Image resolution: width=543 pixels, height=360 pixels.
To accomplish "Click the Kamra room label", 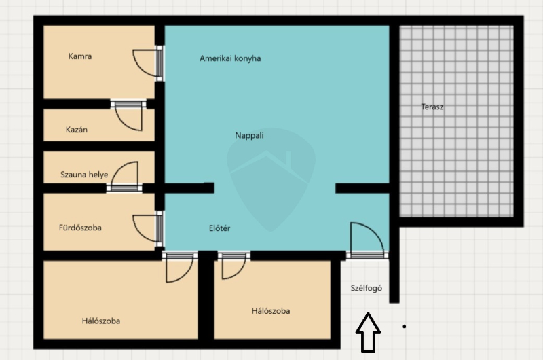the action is click(80, 56).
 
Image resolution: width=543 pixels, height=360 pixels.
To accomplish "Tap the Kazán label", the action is click(77, 130).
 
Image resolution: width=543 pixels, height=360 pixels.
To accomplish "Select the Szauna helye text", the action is click(84, 175).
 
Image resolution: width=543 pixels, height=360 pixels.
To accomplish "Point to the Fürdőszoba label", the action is click(80, 228).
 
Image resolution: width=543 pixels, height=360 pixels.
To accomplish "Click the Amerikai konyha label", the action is click(230, 58).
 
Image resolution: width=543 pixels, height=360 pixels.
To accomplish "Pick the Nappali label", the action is click(249, 135).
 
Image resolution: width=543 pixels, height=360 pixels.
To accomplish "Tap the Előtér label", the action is click(219, 228).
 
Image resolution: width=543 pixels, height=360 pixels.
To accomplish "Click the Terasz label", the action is click(432, 107).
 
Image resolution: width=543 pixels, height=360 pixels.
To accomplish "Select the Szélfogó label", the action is click(367, 288).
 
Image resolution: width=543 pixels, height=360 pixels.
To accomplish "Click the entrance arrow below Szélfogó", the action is click(368, 332).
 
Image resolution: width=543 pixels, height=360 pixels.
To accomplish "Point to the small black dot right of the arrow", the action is click(404, 327).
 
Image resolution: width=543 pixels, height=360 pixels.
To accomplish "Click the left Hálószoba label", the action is click(101, 321).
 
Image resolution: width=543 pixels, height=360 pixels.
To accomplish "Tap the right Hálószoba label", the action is click(271, 311).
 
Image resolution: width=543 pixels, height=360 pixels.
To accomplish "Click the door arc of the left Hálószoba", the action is click(185, 274).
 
